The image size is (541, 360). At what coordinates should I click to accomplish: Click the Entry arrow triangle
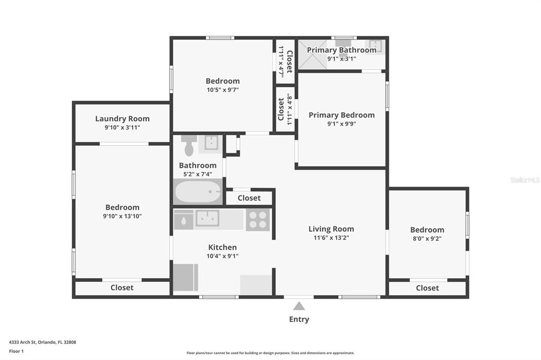(299, 306)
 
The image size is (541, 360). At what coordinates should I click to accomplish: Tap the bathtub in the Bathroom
(198, 192)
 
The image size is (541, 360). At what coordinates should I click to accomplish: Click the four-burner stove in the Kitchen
(258, 220)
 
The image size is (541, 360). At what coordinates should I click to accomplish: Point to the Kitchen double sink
(207, 218)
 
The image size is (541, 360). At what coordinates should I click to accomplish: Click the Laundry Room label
(123, 119)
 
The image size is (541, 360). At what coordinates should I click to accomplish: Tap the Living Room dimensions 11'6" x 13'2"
(331, 238)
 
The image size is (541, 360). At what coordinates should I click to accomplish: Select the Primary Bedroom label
(342, 115)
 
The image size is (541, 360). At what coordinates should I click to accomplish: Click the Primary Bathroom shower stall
(312, 54)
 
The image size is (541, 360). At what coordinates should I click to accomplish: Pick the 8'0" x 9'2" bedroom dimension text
(427, 238)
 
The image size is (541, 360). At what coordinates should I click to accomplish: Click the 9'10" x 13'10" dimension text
(123, 216)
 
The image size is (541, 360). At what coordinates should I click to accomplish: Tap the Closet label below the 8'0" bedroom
(427, 288)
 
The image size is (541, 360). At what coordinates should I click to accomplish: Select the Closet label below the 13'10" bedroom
(122, 288)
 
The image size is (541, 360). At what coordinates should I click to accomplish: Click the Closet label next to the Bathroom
(249, 198)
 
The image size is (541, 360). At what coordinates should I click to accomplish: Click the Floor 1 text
(16, 351)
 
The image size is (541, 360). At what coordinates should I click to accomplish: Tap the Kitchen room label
(222, 247)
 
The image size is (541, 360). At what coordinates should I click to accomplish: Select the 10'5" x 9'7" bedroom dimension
(222, 90)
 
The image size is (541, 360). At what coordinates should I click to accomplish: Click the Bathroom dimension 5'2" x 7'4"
(198, 174)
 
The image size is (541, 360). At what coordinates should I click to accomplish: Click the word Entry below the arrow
(299, 319)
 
